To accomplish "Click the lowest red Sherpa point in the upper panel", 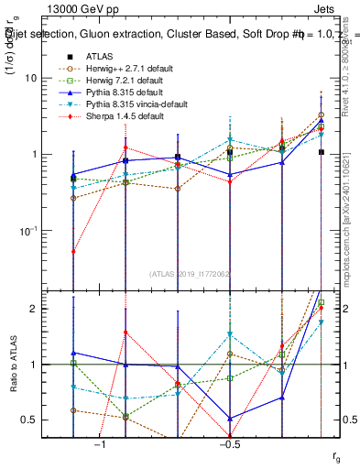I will click(x=73, y=251).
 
